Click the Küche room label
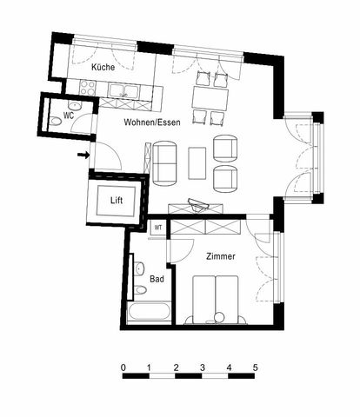(104, 66)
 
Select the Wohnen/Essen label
(151, 122)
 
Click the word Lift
(117, 201)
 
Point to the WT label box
(158, 227)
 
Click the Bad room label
(157, 279)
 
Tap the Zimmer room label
(221, 257)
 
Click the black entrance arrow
(83, 156)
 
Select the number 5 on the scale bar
(255, 367)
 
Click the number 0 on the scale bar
(123, 367)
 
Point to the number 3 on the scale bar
(203, 367)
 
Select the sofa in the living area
(165, 162)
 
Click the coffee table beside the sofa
(197, 162)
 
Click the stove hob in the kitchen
(87, 87)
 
